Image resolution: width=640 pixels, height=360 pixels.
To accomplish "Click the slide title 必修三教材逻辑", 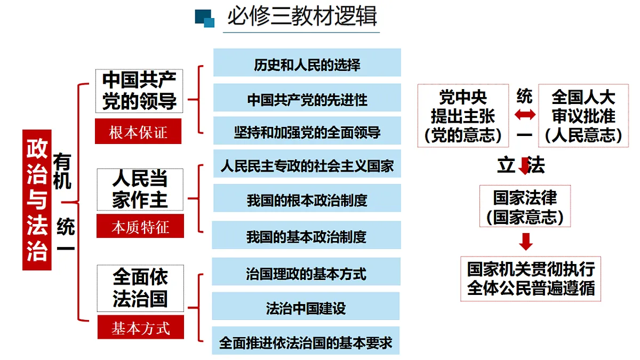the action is tap(302, 17).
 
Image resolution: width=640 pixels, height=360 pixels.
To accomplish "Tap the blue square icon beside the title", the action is tap(205, 18).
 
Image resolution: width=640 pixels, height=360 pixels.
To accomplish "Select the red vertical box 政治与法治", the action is tap(37, 199).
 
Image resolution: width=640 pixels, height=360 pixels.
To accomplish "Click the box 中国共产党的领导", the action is tap(139, 91).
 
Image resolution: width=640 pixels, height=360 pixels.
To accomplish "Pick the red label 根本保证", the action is tap(138, 131).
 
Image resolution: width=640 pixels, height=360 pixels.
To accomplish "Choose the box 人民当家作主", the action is tap(140, 189).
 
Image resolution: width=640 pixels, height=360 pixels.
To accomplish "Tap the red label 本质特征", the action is tap(140, 226).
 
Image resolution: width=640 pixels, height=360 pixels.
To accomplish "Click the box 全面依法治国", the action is tap(140, 288).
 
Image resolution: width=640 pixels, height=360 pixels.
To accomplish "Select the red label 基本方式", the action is tap(141, 327).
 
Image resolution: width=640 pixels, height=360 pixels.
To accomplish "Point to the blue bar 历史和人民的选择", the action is tap(307, 62).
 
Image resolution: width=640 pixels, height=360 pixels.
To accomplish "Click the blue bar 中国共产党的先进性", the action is tap(307, 98).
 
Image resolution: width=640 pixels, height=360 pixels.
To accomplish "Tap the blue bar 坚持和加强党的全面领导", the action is tap(307, 131).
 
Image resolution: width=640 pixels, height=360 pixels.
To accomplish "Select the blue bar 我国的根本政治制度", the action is tap(307, 198).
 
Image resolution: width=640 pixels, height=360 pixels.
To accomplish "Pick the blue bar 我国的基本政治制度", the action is tap(306, 235).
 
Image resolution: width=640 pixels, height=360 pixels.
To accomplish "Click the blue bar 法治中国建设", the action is tap(306, 306).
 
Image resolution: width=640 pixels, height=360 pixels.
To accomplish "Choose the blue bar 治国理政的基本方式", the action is tap(306, 271).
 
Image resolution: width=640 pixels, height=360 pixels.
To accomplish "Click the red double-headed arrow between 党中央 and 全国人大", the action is tap(525, 115).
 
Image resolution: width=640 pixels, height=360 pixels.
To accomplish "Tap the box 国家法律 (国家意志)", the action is tap(525, 206).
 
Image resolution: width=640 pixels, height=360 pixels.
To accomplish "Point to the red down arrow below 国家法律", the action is tap(525, 242).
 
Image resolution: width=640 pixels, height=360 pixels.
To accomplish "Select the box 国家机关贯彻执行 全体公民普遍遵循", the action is tap(531, 279).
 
